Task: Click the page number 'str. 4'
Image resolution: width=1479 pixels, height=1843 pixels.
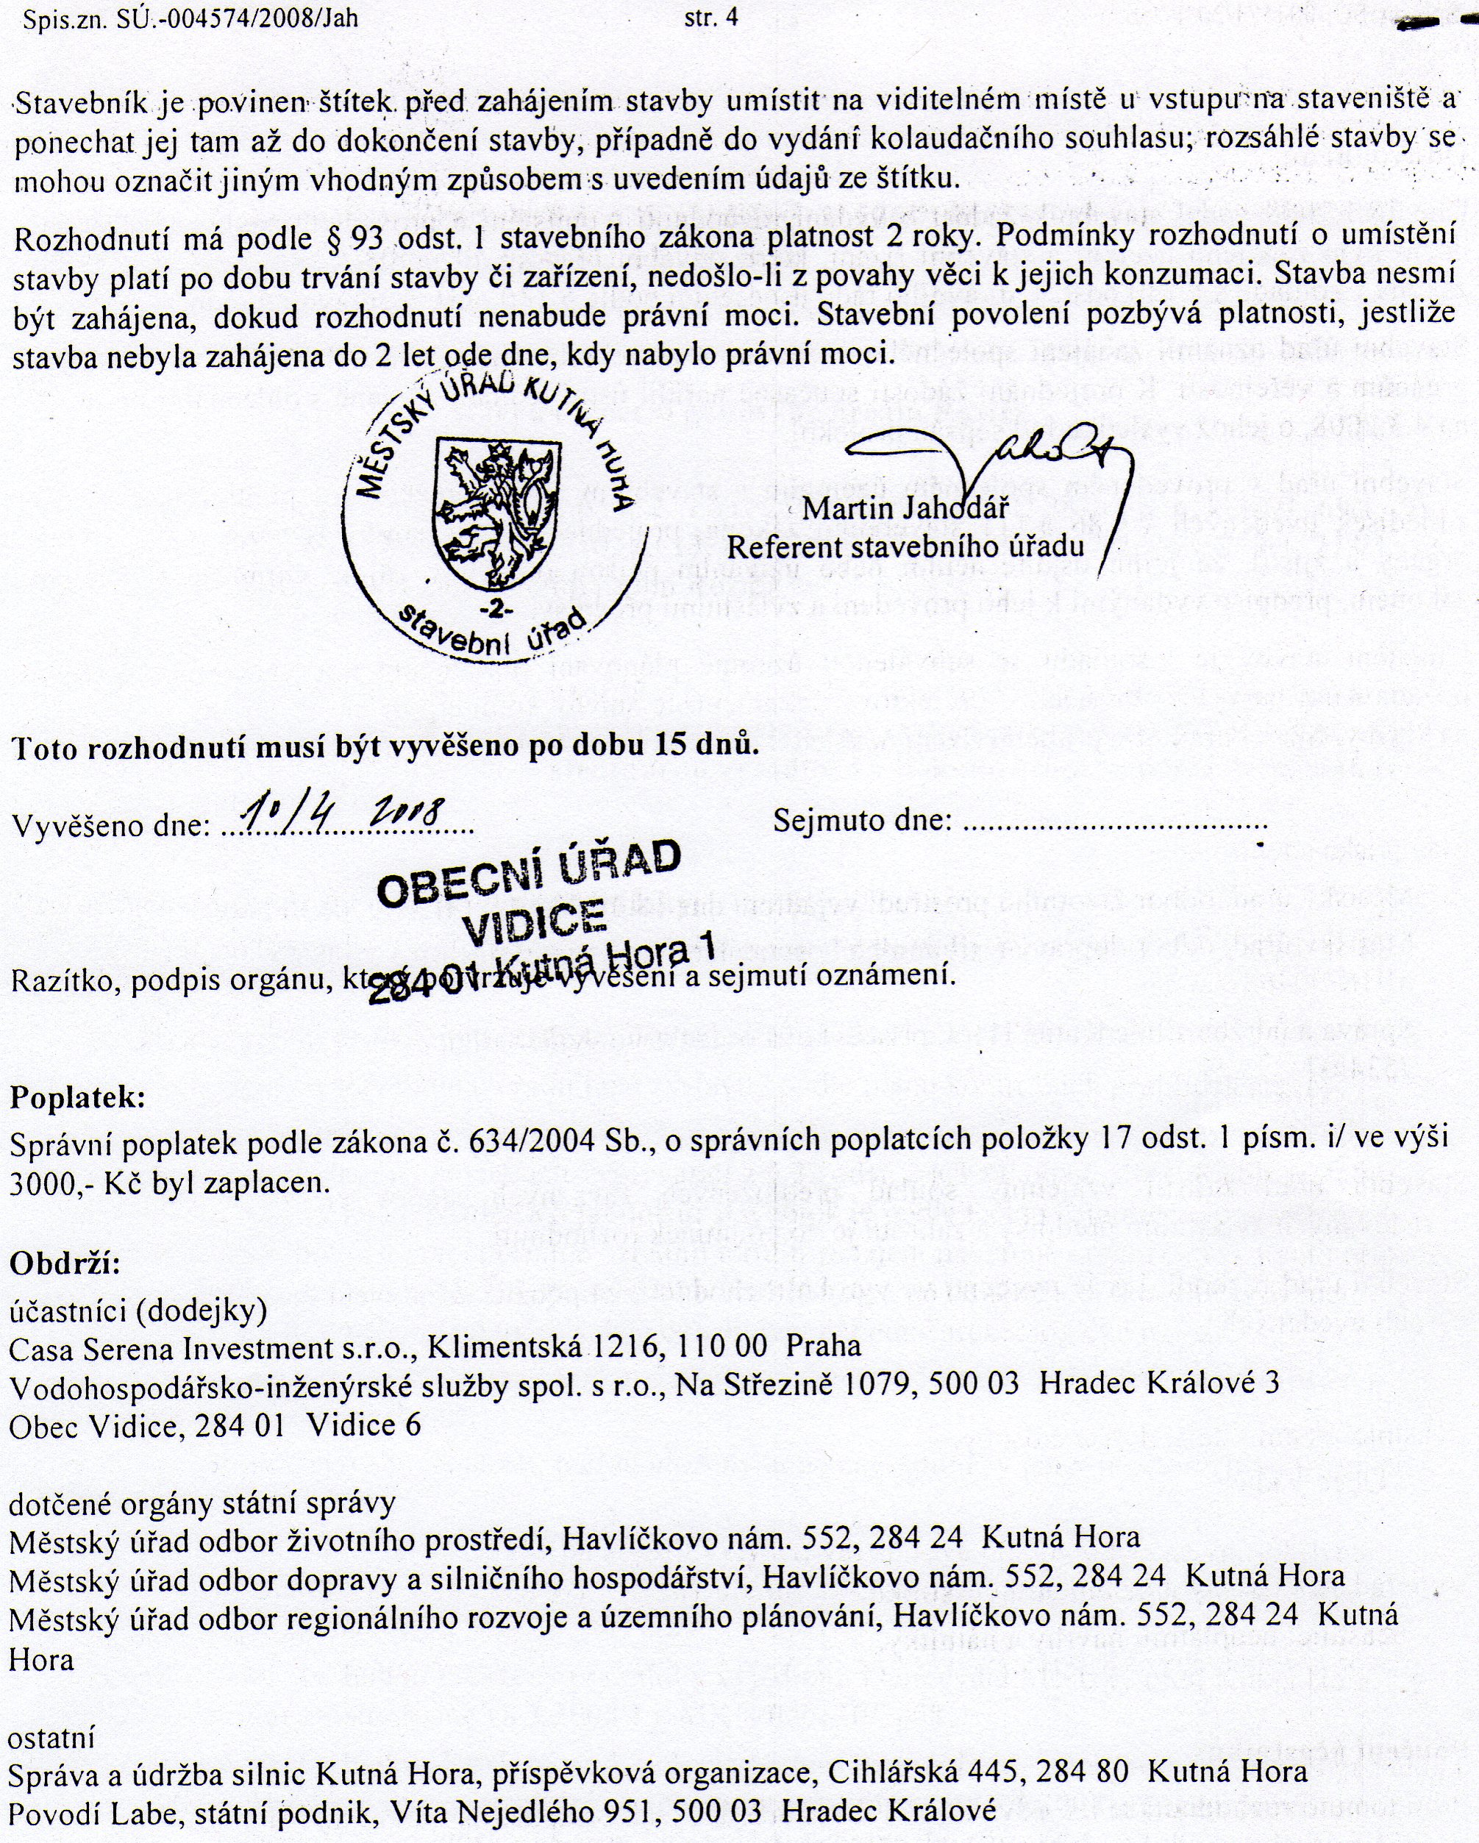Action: coord(710,18)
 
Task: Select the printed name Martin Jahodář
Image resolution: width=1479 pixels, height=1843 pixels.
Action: coord(905,509)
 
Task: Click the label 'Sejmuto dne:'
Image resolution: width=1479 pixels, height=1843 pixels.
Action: coord(863,821)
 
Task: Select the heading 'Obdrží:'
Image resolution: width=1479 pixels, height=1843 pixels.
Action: coord(65,1263)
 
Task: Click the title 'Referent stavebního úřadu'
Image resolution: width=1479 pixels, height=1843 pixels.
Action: coord(905,546)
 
